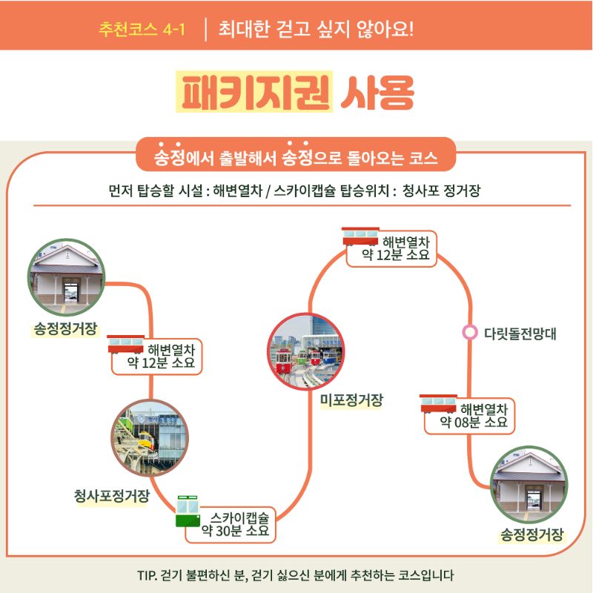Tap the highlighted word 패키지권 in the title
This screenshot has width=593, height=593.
point(254,92)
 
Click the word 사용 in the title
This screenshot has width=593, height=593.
point(377,92)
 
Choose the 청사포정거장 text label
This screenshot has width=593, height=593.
point(111,496)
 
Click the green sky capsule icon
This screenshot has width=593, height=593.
point(188,511)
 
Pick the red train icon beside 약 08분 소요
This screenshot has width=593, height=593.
point(439,404)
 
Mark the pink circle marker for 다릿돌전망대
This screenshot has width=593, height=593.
point(469,333)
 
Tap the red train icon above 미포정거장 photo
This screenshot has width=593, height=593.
point(360,236)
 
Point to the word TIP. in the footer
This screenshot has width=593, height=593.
point(149,575)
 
